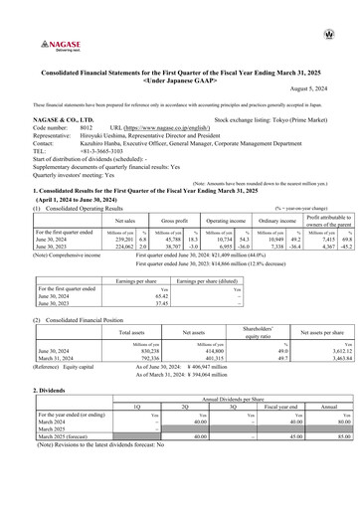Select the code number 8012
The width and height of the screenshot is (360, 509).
click(x=87, y=128)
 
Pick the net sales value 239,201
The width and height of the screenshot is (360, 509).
click(x=117, y=212)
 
